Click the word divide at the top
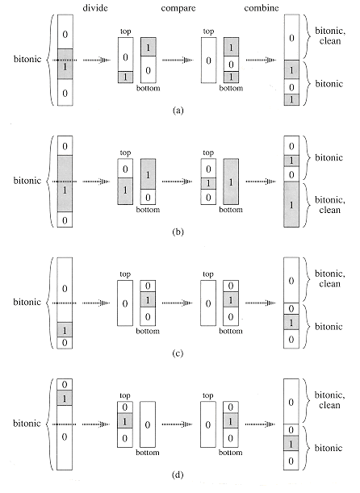[95, 7]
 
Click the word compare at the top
[178, 8]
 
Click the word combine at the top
[262, 7]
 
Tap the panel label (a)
[178, 111]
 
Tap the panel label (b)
[178, 232]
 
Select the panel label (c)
[178, 353]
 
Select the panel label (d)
[178, 474]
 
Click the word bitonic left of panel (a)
[27, 59]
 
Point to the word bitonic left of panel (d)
[27, 423]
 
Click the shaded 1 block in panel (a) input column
[65, 64]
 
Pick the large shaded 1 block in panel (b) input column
[65, 184]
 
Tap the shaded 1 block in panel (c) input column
[65, 330]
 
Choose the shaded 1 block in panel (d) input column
[65, 398]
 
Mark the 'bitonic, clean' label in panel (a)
[330, 36]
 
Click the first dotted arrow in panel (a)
[96, 60]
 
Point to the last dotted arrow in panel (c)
[260, 303]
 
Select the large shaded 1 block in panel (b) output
[291, 204]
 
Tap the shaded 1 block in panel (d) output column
[291, 444]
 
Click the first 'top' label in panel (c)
[125, 274]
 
